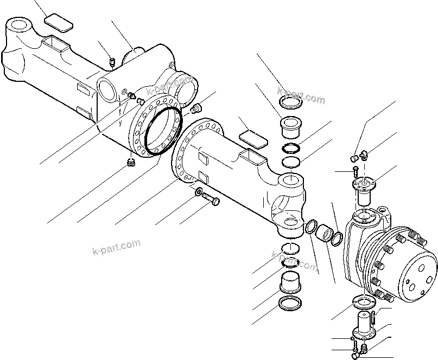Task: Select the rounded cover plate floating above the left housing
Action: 58,24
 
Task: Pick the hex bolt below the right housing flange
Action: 212,202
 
